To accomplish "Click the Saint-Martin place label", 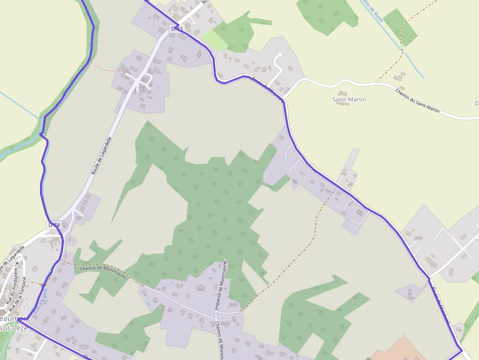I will [x=349, y=100].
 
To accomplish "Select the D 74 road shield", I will [x=54, y=225].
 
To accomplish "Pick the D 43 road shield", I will [x=177, y=29].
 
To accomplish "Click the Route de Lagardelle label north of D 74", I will [x=101, y=156].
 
